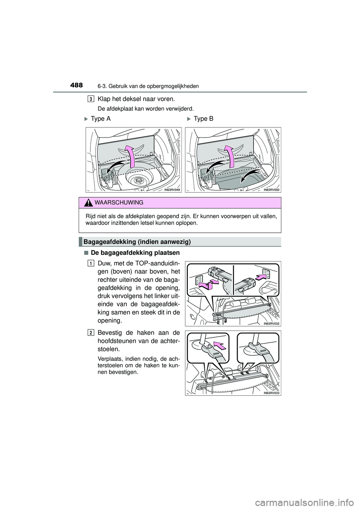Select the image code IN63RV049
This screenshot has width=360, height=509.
[172, 190]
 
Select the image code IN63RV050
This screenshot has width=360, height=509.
[272, 190]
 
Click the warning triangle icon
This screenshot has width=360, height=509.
[89, 203]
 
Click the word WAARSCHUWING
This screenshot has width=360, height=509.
[119, 203]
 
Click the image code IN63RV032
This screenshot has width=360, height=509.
[272, 323]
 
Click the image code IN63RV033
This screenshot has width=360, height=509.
[272, 393]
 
